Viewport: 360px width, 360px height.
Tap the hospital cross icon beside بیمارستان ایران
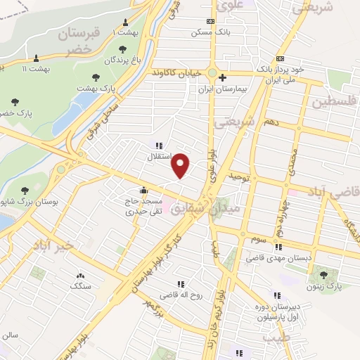222,77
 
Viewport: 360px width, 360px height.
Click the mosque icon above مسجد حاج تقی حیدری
143,189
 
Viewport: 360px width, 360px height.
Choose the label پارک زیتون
324,287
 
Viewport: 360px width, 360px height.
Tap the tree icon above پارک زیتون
324,275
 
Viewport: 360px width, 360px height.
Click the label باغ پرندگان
124,61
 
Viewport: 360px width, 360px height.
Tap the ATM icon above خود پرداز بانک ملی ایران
280,58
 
